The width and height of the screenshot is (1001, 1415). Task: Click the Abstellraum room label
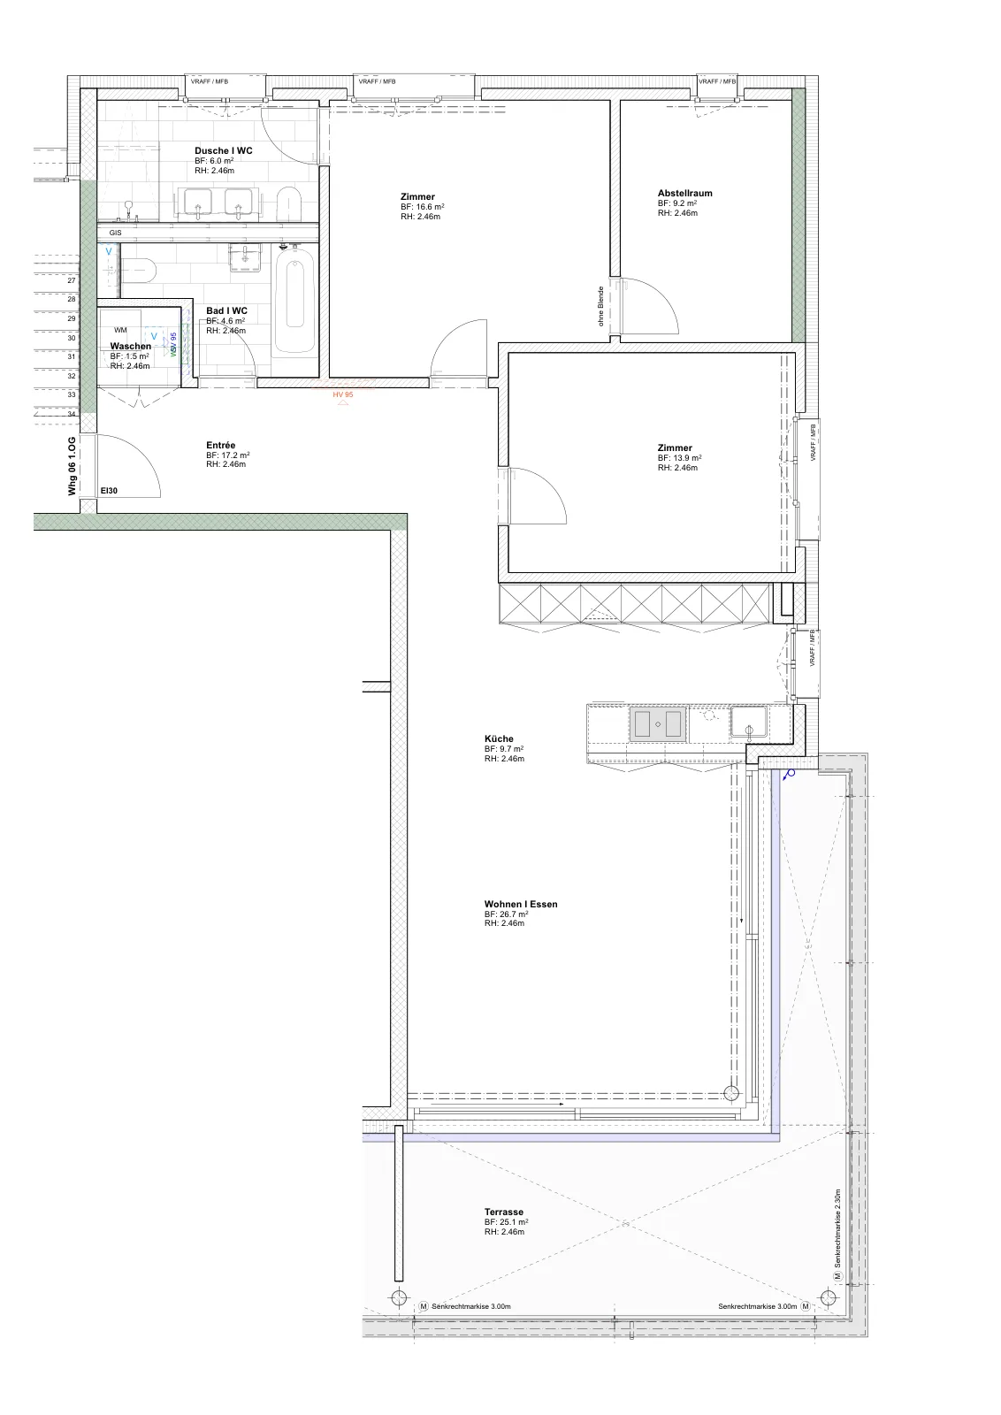tap(684, 194)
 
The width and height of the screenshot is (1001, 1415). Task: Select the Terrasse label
tap(503, 1212)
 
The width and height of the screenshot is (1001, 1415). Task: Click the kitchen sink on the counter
tap(749, 722)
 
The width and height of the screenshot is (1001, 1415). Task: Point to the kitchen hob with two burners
tap(658, 724)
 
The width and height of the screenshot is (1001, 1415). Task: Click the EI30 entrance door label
tap(109, 491)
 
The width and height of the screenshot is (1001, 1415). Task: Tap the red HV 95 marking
tap(343, 394)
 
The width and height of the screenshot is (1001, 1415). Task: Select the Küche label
tap(499, 738)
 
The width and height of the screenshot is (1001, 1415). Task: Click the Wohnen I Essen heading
tap(521, 904)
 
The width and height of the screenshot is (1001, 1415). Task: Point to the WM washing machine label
tap(120, 330)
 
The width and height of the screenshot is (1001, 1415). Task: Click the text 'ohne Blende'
tap(601, 306)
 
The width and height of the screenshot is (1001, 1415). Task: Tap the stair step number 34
tap(72, 415)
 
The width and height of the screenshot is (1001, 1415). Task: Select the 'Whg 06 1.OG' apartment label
tap(72, 466)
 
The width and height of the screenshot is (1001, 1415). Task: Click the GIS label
tap(115, 233)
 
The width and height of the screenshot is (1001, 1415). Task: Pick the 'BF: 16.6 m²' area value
tap(423, 207)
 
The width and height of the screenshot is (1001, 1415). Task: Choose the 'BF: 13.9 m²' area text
tap(679, 458)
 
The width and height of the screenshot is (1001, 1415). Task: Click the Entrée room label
tap(220, 446)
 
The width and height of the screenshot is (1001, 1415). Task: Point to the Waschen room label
tap(131, 346)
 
